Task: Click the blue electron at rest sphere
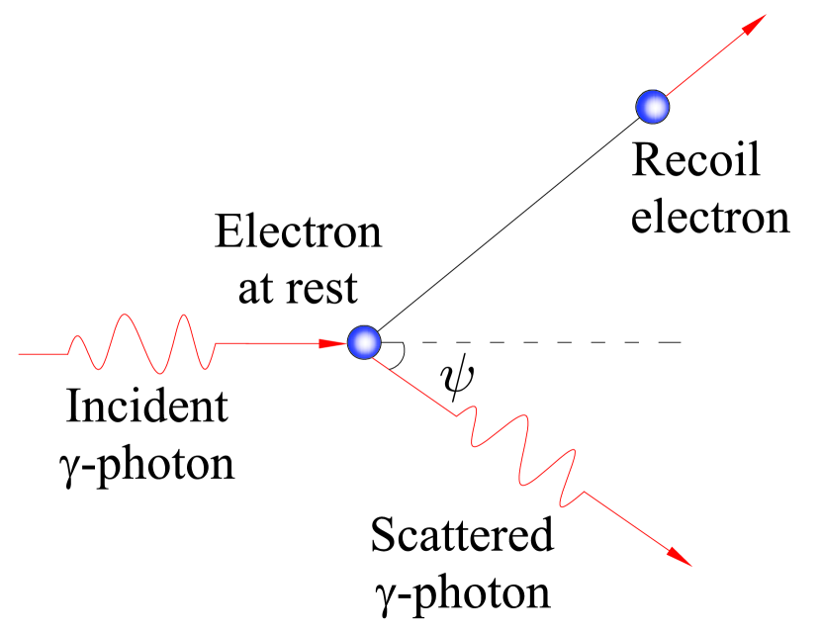[364, 342]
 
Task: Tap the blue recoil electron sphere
[652, 105]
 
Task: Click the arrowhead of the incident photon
[332, 344]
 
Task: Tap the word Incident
[146, 408]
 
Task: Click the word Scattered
[462, 536]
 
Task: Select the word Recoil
[696, 159]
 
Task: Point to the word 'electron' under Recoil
[710, 218]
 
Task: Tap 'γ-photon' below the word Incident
[144, 464]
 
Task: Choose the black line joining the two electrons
[504, 227]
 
